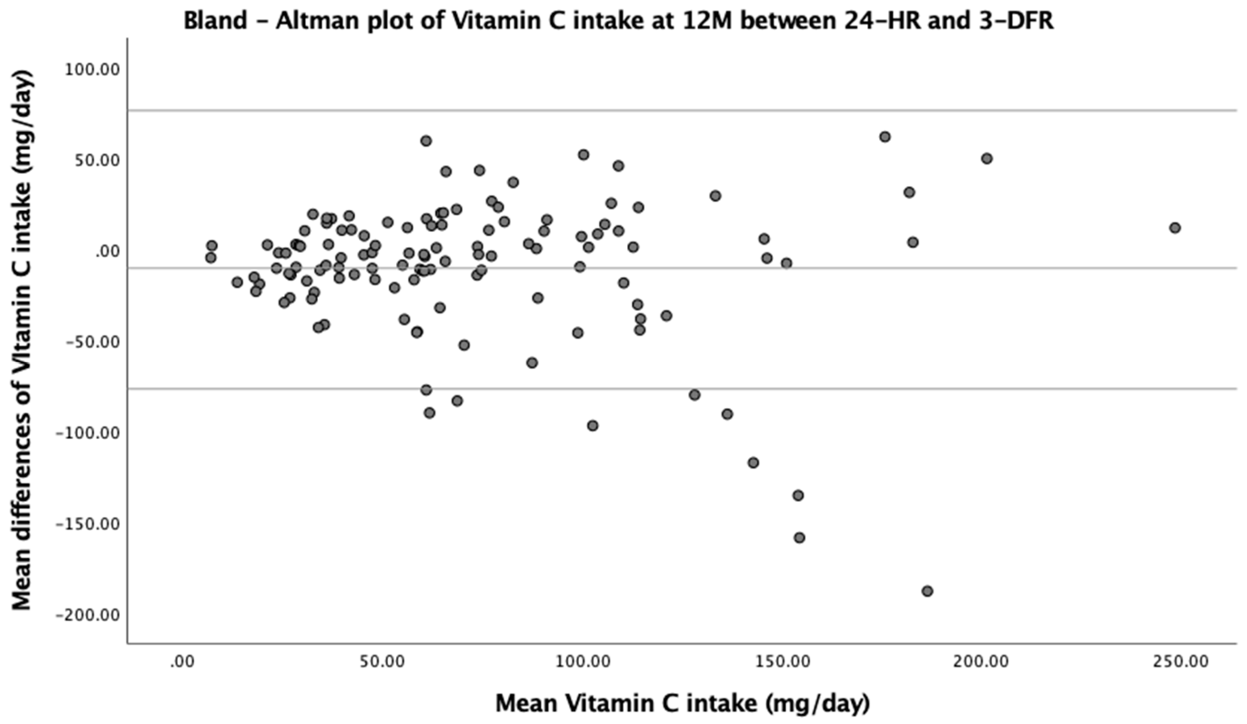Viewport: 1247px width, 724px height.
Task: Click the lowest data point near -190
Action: point(927,591)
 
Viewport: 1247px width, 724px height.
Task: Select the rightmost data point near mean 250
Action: point(1175,228)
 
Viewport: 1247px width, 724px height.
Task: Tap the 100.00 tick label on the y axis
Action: point(92,70)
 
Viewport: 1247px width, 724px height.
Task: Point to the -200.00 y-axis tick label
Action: point(89,615)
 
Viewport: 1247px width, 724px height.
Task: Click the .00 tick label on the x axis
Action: point(181,662)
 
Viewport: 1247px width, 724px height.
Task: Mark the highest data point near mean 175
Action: point(885,137)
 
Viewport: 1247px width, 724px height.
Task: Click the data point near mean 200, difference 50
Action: point(987,159)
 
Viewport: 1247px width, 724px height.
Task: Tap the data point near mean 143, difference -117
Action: point(753,463)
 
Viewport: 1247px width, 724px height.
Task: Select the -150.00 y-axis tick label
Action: point(89,524)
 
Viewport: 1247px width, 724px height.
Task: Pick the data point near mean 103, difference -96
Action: point(592,426)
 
